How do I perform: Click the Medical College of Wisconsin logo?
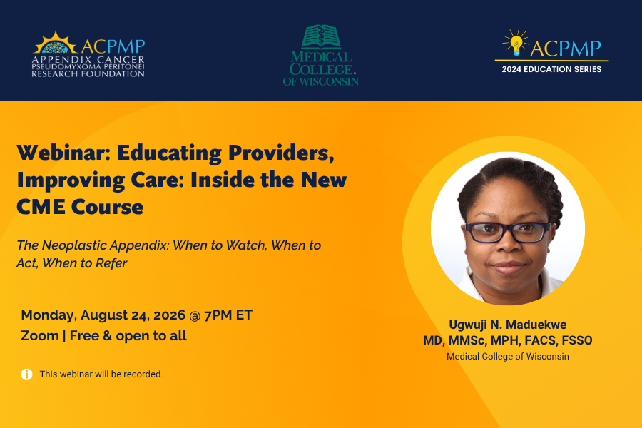(x=320, y=56)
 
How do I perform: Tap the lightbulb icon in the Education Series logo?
(x=516, y=43)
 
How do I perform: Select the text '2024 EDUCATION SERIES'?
(x=551, y=69)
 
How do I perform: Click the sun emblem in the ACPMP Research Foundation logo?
(x=55, y=43)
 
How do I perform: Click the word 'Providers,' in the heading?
(x=281, y=153)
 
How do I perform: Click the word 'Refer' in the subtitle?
(x=111, y=263)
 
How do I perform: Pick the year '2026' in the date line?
(x=169, y=315)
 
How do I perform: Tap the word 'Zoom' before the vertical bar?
(x=40, y=336)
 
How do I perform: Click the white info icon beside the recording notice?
(x=26, y=374)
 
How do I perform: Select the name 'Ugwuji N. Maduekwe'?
(x=508, y=325)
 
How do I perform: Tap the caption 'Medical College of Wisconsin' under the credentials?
(x=508, y=357)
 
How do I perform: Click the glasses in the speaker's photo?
(x=508, y=232)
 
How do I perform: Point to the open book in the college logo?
(x=321, y=36)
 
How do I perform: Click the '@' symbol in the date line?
(x=195, y=315)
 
